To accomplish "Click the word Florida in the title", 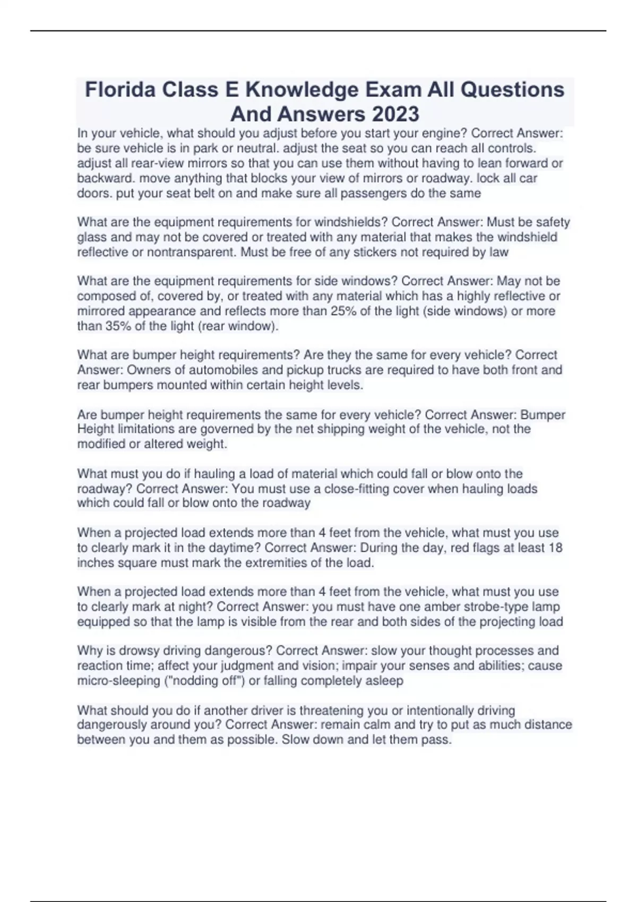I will pos(120,89).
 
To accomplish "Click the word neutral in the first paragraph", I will pos(254,148).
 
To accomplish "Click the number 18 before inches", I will pos(555,548).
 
